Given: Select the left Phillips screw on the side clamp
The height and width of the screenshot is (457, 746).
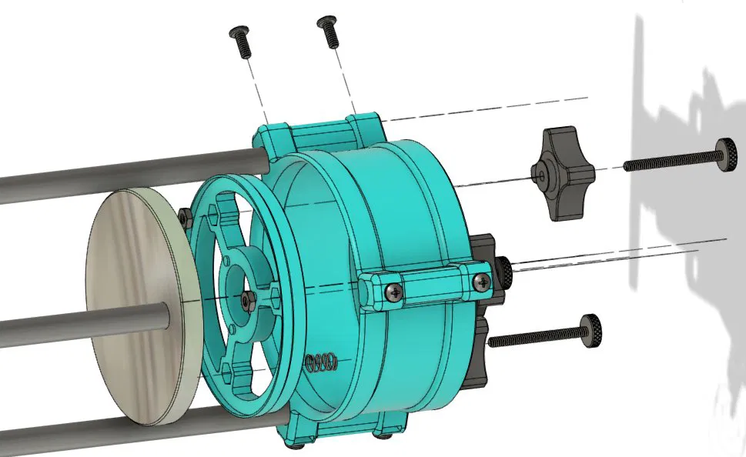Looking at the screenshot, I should pos(393,290).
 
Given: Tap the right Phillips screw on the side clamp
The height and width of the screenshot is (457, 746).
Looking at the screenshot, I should pos(482,280).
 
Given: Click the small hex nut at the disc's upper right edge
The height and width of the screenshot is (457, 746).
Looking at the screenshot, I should pos(185,217).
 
